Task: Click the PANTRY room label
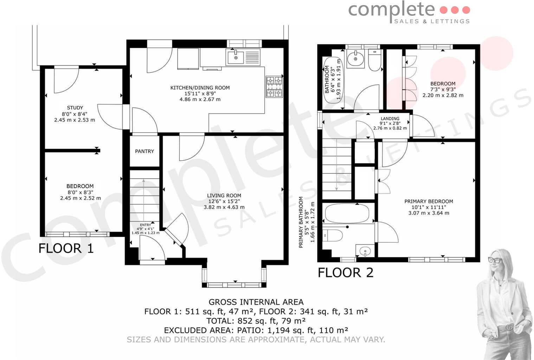click(144, 151)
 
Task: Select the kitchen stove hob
click(274, 86)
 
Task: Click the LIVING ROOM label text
click(224, 195)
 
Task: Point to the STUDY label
click(75, 108)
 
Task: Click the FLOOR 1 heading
click(66, 248)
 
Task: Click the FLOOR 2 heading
click(345, 272)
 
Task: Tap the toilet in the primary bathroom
click(333, 235)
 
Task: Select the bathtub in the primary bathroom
click(347, 213)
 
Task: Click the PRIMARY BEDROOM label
click(429, 201)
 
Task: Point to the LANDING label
click(390, 118)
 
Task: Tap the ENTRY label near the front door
click(145, 225)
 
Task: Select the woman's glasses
click(496, 260)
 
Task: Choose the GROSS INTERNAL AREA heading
click(256, 302)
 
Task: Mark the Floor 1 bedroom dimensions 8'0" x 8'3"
click(80, 192)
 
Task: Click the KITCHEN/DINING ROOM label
click(200, 88)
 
